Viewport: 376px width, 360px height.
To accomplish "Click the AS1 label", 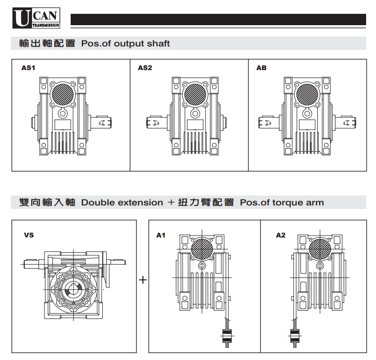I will click(28, 68).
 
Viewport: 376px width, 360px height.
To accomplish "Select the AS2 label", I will click(145, 68).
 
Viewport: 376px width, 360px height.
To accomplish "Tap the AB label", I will click(261, 68).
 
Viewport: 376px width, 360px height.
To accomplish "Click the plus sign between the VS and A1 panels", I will click(143, 280).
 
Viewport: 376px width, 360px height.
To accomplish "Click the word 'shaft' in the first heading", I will click(158, 43).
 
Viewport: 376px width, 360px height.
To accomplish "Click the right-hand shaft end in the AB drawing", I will click(349, 121).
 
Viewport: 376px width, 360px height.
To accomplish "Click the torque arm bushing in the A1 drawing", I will click(227, 337).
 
